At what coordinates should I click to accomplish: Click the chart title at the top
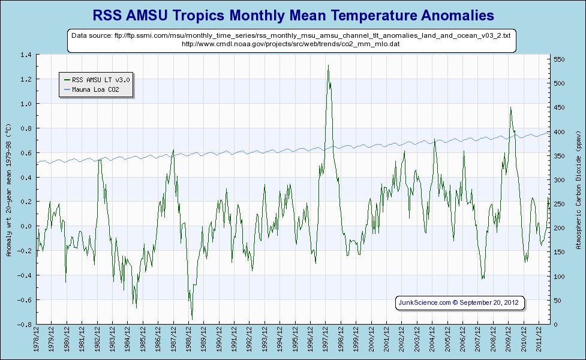pyautogui.click(x=293, y=14)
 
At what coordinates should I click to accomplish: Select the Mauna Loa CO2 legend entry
pyautogui.click(x=96, y=89)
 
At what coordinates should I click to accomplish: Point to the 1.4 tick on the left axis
pyautogui.click(x=26, y=55)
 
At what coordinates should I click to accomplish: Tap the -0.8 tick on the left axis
pyautogui.click(x=25, y=325)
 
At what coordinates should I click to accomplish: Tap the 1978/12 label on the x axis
pyautogui.click(x=37, y=341)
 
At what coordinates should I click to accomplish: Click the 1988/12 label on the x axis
pyautogui.click(x=190, y=341)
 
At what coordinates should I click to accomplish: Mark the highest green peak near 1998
pyautogui.click(x=328, y=65)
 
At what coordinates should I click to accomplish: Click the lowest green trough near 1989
pyautogui.click(x=192, y=319)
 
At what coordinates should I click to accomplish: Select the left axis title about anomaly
pyautogui.click(x=8, y=190)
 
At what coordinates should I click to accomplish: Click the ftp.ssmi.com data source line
pyautogui.click(x=291, y=36)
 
